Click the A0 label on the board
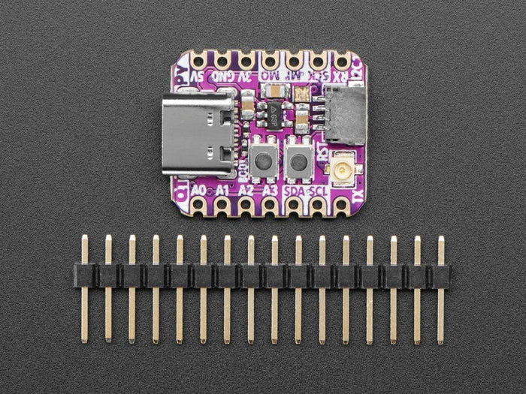click(199, 190)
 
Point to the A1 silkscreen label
click(222, 190)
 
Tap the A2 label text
click(246, 190)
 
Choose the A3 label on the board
click(271, 190)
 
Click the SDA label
click(295, 190)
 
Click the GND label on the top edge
click(222, 77)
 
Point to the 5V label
click(197, 77)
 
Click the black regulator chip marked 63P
click(271, 114)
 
